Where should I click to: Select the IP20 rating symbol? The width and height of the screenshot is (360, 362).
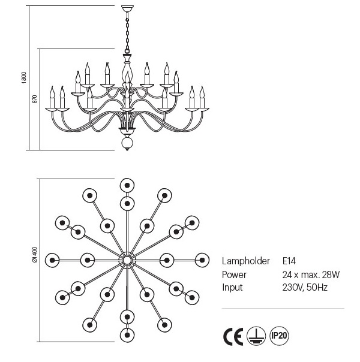pyautogui.click(x=279, y=336)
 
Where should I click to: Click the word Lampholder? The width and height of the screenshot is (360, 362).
pyautogui.click(x=244, y=261)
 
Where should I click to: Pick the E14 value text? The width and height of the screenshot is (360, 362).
pyautogui.click(x=289, y=261)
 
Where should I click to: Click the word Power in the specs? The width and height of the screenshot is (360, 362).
pyautogui.click(x=234, y=274)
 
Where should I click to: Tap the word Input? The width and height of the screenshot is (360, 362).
pyautogui.click(x=232, y=287)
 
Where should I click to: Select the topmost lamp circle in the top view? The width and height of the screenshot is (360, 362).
pyautogui.click(x=127, y=185)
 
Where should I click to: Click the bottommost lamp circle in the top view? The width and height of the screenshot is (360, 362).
pyautogui.click(x=127, y=334)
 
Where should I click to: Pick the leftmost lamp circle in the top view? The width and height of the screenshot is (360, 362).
pyautogui.click(x=52, y=260)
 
